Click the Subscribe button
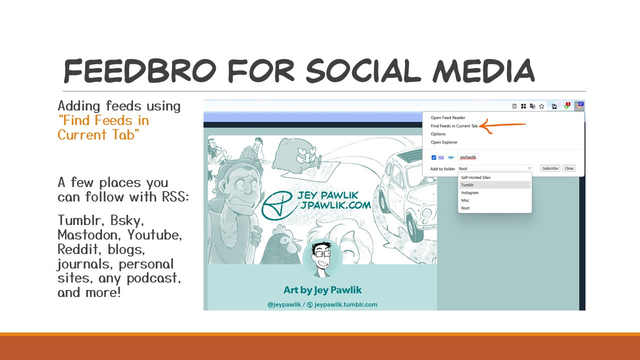[550, 168]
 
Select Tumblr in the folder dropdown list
[467, 185]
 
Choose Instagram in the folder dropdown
[469, 192]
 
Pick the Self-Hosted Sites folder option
[475, 177]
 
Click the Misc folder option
[465, 200]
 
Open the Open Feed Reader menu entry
[447, 117]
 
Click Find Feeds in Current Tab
[454, 125]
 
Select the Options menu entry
[438, 133]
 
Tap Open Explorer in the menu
[443, 142]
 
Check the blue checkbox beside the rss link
[433, 157]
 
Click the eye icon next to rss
[451, 157]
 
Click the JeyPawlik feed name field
[467, 157]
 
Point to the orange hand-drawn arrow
[502, 125]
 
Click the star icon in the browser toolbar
[541, 106]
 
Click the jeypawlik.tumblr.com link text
[345, 304]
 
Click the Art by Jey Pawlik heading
[322, 290]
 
